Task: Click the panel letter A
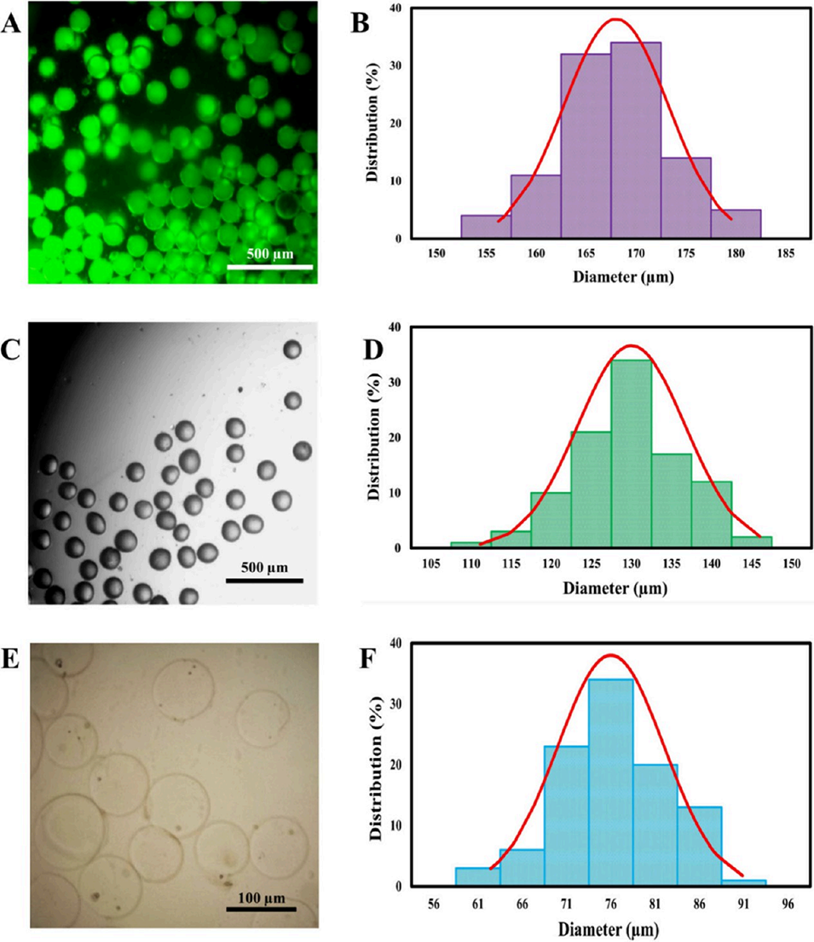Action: pyautogui.click(x=11, y=22)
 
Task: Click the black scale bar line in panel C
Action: pyautogui.click(x=265, y=581)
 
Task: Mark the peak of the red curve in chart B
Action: pyautogui.click(x=615, y=19)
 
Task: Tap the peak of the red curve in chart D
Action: pyautogui.click(x=631, y=345)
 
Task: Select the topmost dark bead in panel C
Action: pyautogui.click(x=292, y=350)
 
